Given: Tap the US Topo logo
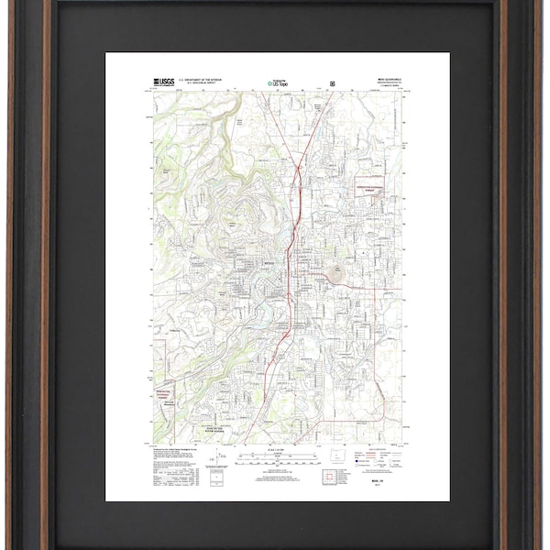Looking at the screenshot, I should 279,82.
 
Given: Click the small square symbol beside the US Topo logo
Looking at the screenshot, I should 332,83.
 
